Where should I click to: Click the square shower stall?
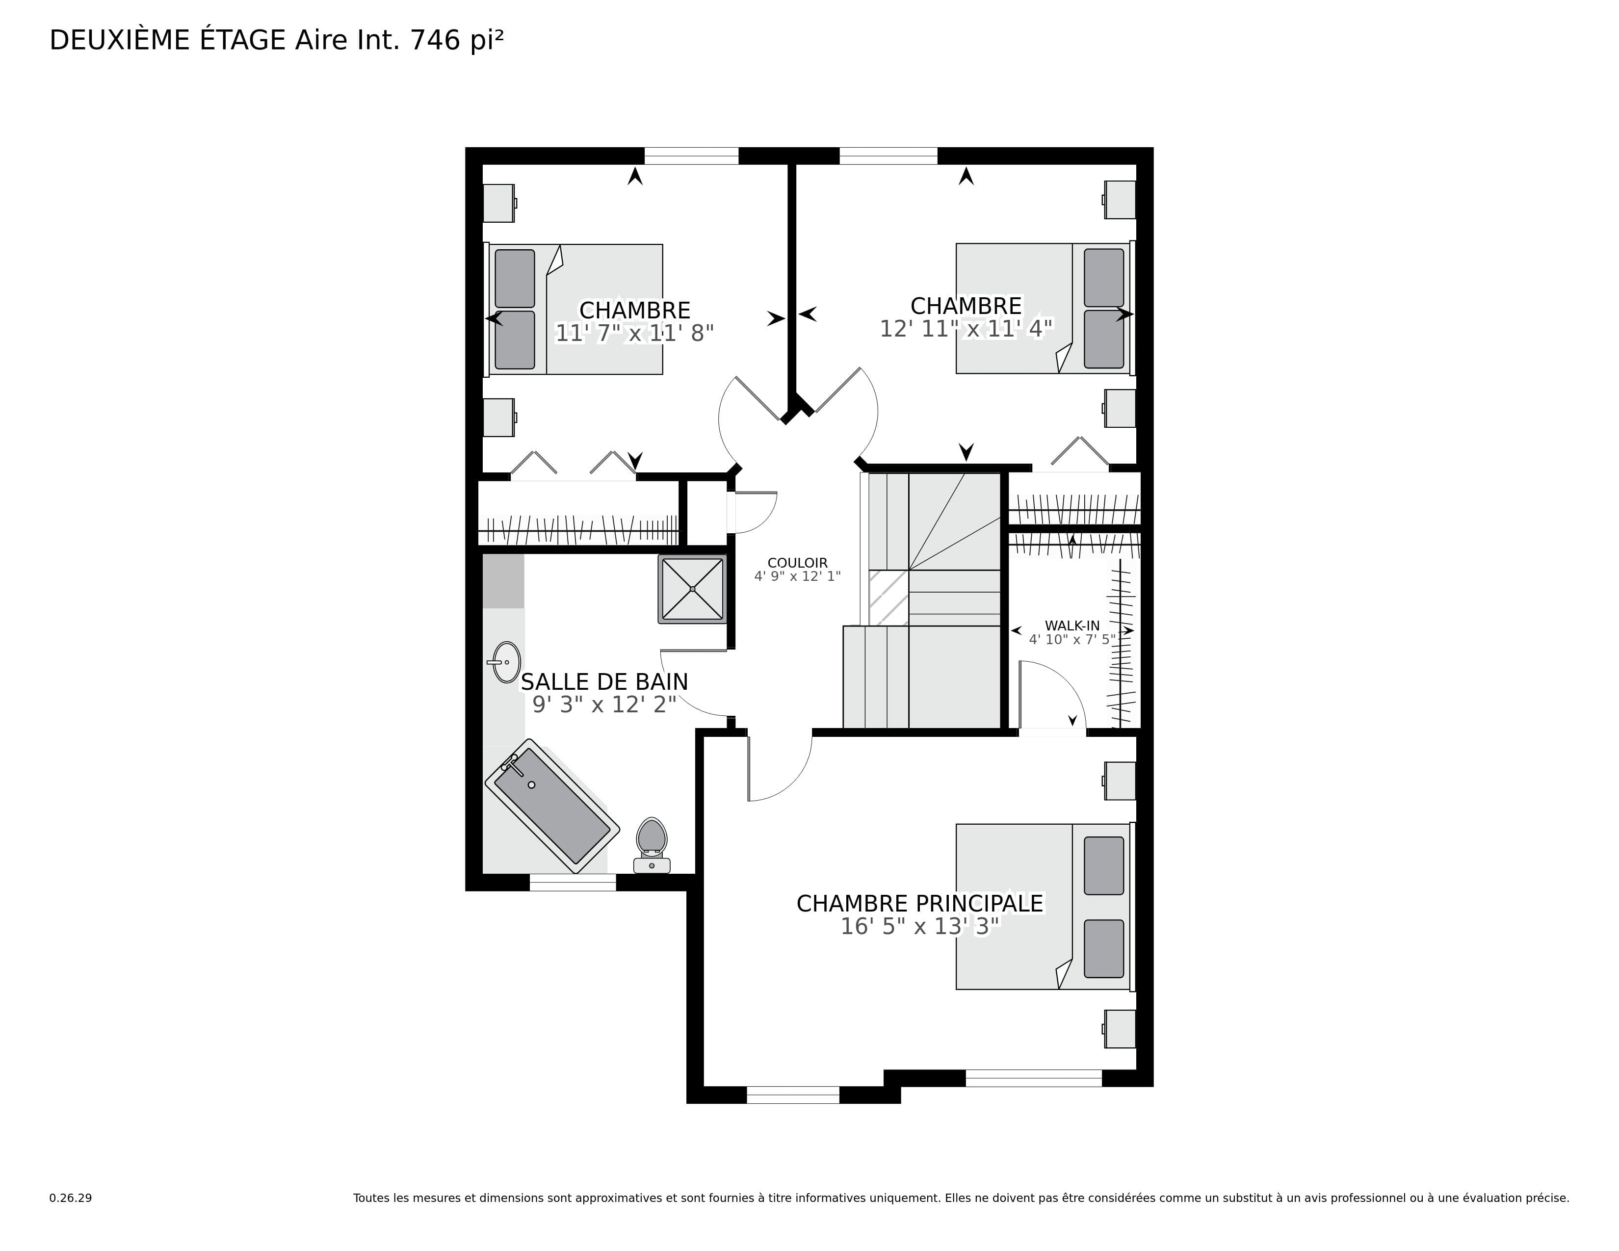pyautogui.click(x=692, y=589)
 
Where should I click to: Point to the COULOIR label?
pyautogui.click(x=798, y=563)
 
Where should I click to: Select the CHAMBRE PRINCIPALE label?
pyautogui.click(x=920, y=903)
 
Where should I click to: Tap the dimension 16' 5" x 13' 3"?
pyautogui.click(x=920, y=926)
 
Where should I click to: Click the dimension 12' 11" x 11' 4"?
pyautogui.click(x=966, y=328)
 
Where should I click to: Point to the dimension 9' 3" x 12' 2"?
pyautogui.click(x=604, y=704)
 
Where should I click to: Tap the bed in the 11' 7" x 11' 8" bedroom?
pyautogui.click(x=574, y=309)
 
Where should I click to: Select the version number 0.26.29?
pyautogui.click(x=71, y=1198)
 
